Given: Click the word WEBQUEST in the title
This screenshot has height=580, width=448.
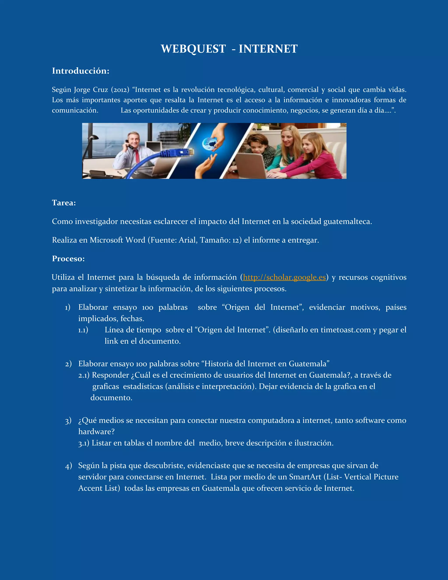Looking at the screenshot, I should point(193,49).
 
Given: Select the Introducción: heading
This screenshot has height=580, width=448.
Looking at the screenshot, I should point(80,71).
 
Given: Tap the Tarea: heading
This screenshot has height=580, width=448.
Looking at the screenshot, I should point(64,203).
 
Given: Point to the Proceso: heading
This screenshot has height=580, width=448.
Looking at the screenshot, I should point(68,258).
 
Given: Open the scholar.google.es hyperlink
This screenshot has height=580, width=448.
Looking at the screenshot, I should point(284,277).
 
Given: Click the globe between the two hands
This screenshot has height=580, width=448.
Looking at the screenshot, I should point(208,143).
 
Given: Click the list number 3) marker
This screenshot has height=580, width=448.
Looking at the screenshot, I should point(68,421).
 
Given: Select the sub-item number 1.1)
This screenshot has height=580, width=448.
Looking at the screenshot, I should point(83,330).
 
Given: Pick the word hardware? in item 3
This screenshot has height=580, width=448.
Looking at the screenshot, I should point(96,432).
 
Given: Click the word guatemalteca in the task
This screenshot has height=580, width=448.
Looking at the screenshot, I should point(347,221).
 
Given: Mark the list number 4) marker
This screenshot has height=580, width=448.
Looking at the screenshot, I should point(68,466).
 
